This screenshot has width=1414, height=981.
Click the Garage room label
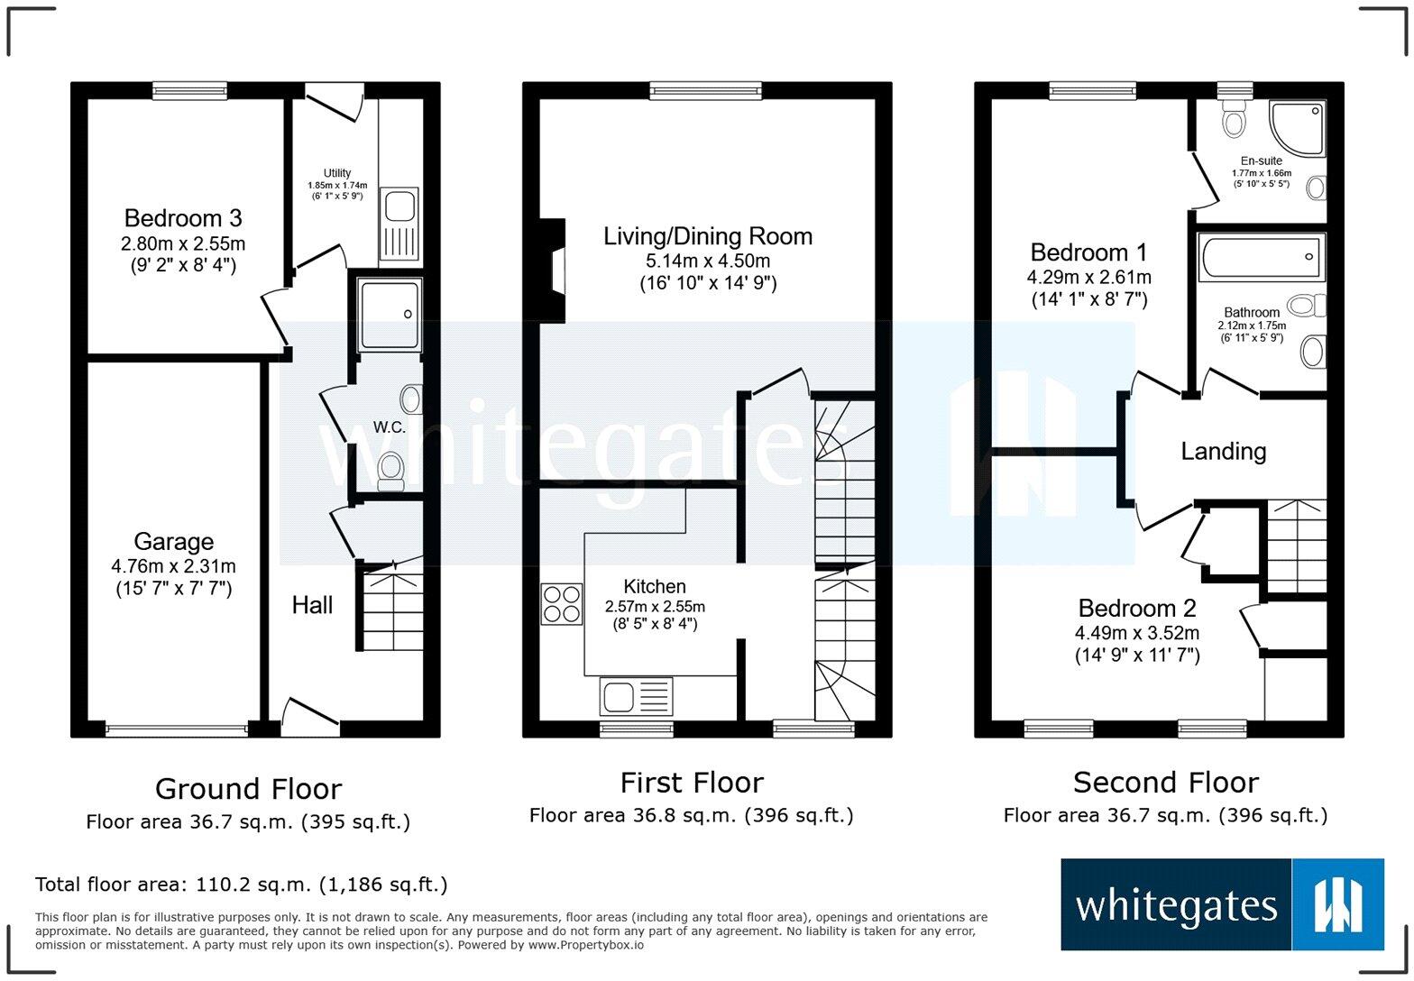click(173, 542)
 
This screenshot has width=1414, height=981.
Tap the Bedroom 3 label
click(182, 218)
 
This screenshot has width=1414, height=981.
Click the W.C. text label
click(390, 427)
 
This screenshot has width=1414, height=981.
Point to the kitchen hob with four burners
click(561, 604)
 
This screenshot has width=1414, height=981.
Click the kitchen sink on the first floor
click(636, 697)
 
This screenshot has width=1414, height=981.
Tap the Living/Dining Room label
click(707, 236)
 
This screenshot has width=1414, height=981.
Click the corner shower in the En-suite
click(1298, 127)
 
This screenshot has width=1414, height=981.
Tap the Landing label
click(1223, 451)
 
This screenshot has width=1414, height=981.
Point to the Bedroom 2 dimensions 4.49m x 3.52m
click(1136, 632)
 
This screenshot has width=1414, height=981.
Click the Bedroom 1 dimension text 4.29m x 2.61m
click(1088, 277)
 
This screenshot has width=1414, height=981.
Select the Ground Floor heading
click(248, 789)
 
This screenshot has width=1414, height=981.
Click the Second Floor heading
click(1165, 782)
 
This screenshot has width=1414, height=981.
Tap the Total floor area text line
click(241, 885)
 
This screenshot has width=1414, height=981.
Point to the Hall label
click(312, 605)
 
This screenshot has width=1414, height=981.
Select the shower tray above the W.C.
click(390, 315)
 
